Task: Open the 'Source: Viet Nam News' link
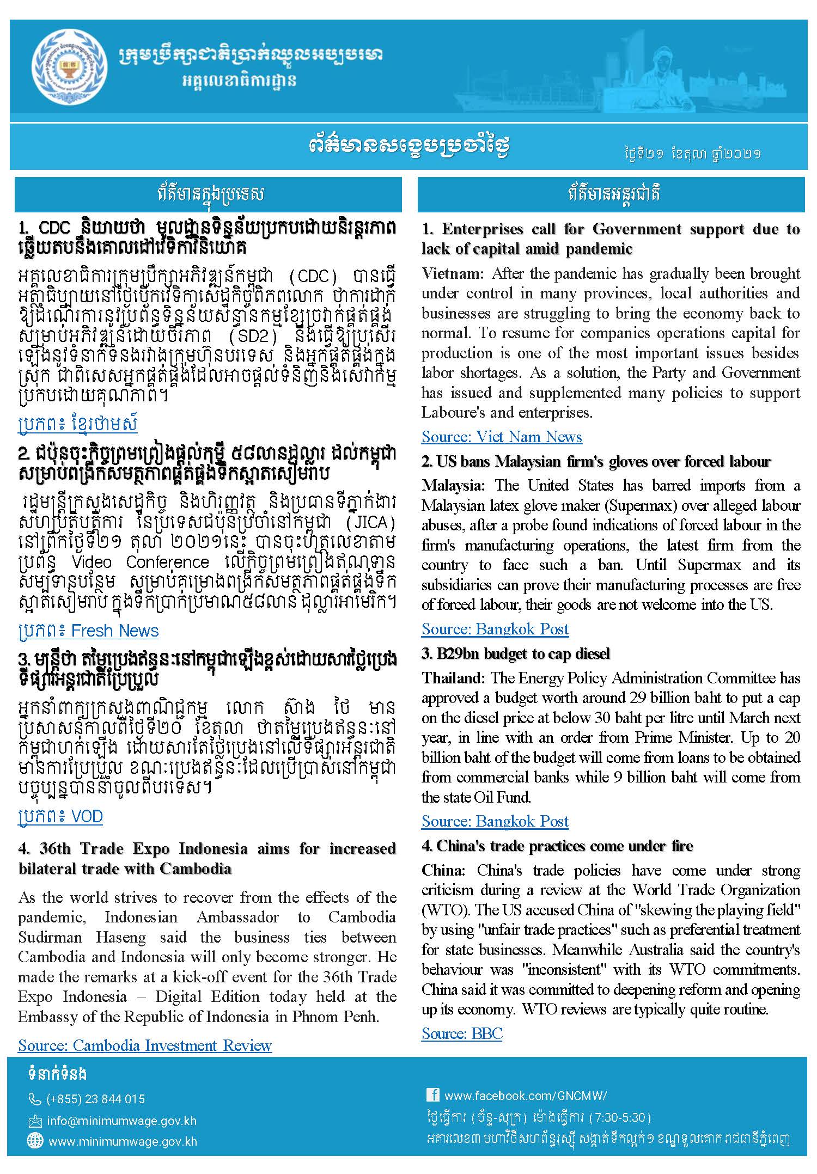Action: tap(501, 437)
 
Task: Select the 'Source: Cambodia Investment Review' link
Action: tap(144, 1045)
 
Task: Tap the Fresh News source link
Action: tap(88, 631)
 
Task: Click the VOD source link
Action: tap(60, 816)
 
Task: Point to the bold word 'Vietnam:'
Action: tap(452, 273)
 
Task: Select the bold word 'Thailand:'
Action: tap(453, 678)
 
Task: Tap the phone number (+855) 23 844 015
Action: tap(95, 1099)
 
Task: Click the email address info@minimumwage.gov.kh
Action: tap(121, 1121)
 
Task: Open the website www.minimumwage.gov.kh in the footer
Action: tap(123, 1141)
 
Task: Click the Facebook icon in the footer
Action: tap(433, 1095)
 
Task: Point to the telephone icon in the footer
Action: tap(34, 1099)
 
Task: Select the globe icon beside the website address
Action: tap(34, 1141)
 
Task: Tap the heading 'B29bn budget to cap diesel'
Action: tap(515, 653)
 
